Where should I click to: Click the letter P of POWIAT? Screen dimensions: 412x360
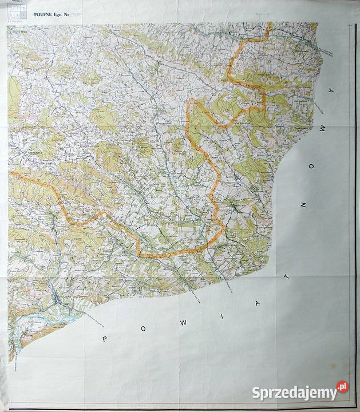pyautogui.click(x=104, y=339)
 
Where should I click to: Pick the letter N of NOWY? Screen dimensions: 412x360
pyautogui.click(x=303, y=203)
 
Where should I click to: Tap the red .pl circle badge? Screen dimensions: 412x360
pyautogui.click(x=342, y=387)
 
